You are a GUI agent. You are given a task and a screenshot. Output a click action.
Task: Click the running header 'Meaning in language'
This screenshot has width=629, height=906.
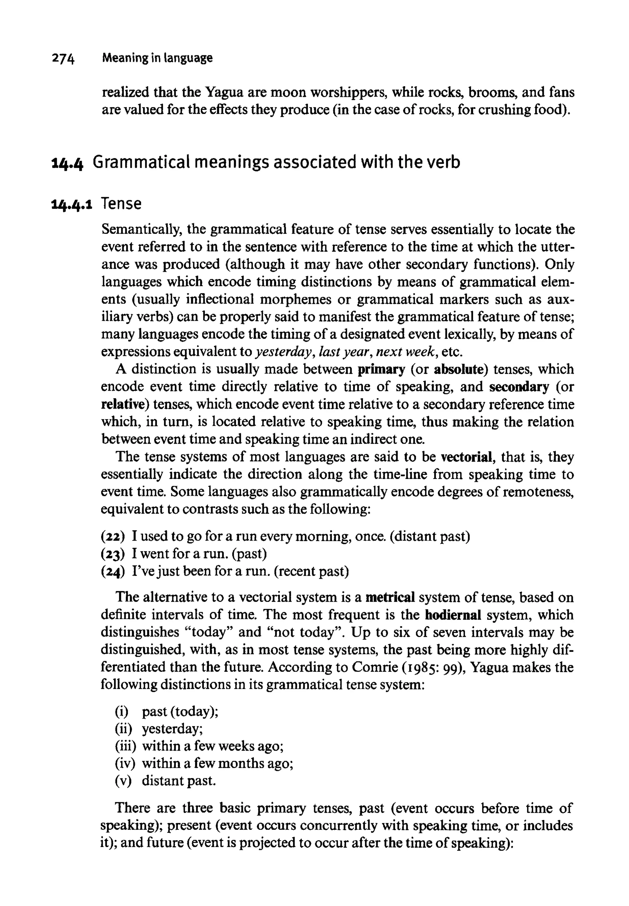click(157, 58)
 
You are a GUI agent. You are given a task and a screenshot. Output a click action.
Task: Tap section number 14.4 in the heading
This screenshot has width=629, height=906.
click(67, 163)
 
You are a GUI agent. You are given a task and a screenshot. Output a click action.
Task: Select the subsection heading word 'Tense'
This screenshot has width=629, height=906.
click(121, 204)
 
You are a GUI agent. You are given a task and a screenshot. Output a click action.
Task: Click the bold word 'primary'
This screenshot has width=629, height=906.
click(381, 369)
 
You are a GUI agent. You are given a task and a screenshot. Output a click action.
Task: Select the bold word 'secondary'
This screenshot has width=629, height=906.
click(519, 387)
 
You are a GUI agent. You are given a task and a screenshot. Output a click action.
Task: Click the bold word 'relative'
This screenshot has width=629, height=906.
click(125, 404)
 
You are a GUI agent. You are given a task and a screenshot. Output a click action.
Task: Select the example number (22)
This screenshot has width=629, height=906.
click(113, 536)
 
